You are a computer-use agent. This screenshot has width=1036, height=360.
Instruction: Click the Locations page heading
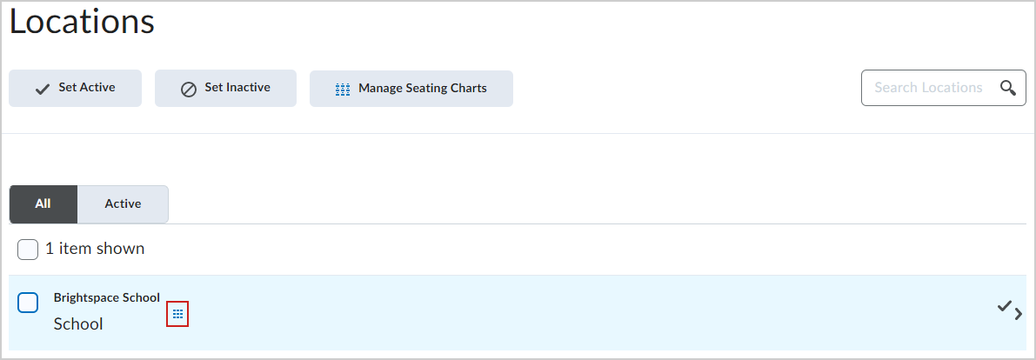pyautogui.click(x=82, y=23)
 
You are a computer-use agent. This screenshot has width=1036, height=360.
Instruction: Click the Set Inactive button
pyautogui.click(x=225, y=89)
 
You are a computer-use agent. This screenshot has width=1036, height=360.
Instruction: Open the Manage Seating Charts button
pyautogui.click(x=411, y=89)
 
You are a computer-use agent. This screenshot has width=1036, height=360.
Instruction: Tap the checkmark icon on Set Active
pyautogui.click(x=43, y=90)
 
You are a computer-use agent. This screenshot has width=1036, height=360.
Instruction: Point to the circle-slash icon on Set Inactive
pyautogui.click(x=188, y=90)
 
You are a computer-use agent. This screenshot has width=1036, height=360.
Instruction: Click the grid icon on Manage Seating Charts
pyautogui.click(x=342, y=90)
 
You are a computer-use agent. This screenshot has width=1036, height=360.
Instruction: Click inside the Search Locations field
pyautogui.click(x=927, y=88)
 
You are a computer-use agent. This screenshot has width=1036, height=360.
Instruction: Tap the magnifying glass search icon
pyautogui.click(x=1007, y=88)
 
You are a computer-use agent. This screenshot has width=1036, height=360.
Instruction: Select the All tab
pyautogui.click(x=43, y=204)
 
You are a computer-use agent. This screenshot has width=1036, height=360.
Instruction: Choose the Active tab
pyautogui.click(x=123, y=204)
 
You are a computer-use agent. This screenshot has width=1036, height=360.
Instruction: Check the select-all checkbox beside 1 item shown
pyautogui.click(x=28, y=250)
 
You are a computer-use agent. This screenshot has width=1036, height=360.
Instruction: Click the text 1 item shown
pyautogui.click(x=95, y=249)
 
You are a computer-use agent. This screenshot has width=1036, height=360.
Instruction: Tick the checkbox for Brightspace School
pyautogui.click(x=28, y=303)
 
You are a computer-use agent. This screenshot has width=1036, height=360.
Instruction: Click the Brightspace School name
pyautogui.click(x=106, y=298)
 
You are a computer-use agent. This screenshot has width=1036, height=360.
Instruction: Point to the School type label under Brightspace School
pyautogui.click(x=78, y=324)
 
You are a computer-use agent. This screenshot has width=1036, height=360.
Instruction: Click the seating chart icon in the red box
pyautogui.click(x=177, y=314)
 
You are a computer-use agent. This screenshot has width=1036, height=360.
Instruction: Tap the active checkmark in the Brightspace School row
pyautogui.click(x=1005, y=306)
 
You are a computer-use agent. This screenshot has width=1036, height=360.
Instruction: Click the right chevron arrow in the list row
pyautogui.click(x=1018, y=315)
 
